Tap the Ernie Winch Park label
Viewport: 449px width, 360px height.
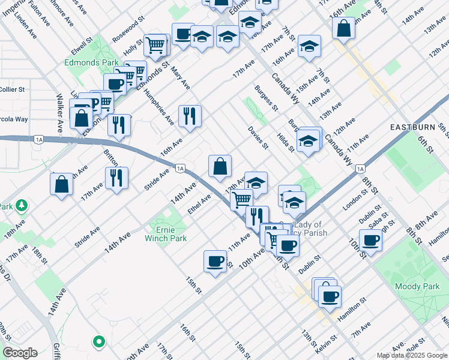pyautogui.click(x=165, y=233)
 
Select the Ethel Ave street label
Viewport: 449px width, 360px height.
pyautogui.click(x=199, y=203)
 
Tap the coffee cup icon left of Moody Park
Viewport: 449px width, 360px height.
pyautogui.click(x=370, y=240)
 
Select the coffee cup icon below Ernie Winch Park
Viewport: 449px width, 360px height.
pyautogui.click(x=215, y=261)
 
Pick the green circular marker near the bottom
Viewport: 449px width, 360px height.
pyautogui.click(x=98, y=341)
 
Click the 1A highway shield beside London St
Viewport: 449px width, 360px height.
pyautogui.click(x=361, y=169)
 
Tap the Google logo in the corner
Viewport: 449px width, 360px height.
pyautogui.click(x=19, y=353)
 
